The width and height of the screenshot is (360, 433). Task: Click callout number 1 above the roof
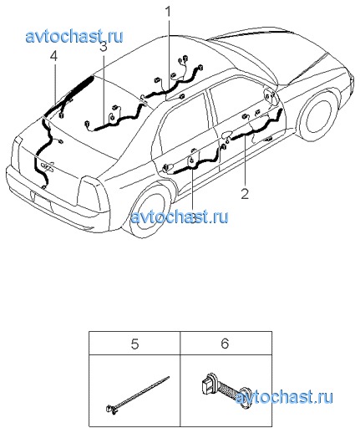(x=168, y=13)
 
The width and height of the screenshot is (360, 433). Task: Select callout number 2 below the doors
(x=245, y=194)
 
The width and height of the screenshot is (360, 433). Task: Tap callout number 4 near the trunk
(x=53, y=56)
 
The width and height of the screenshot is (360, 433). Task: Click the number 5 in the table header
(x=134, y=344)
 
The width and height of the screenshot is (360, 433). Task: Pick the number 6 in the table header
(x=225, y=344)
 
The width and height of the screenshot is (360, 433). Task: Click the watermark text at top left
(x=74, y=37)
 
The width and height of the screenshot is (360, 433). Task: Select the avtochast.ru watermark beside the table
(x=284, y=397)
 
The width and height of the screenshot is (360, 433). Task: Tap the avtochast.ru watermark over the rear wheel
(x=180, y=216)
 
